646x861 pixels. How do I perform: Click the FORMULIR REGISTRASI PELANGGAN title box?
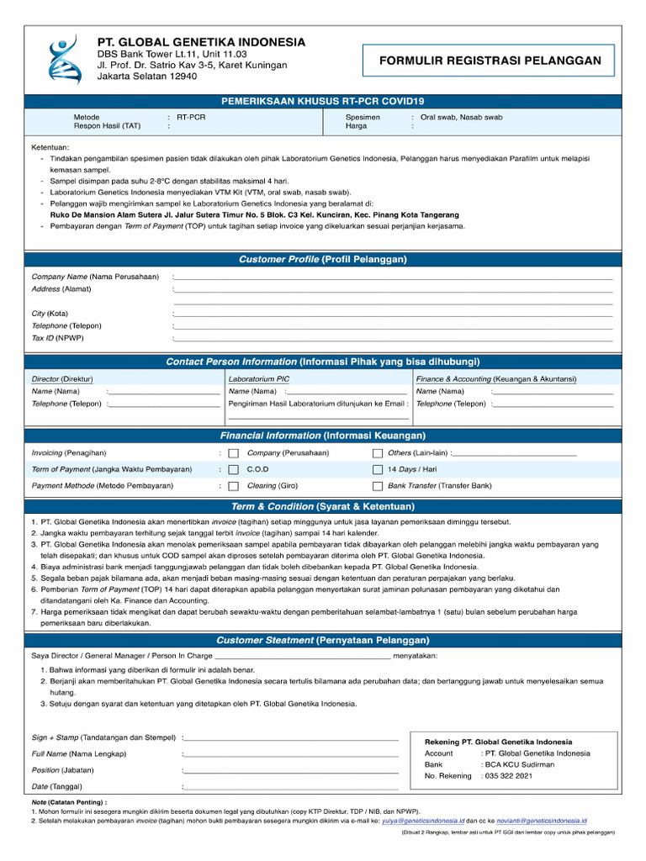click(490, 61)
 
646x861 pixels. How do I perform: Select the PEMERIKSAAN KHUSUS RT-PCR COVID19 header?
click(323, 101)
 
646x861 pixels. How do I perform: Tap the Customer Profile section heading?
click(323, 259)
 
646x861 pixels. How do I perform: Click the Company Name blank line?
click(393, 277)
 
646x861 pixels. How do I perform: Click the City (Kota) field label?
click(50, 314)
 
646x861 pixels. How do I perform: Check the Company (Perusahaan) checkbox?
click(234, 453)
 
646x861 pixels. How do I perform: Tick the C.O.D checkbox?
click(234, 470)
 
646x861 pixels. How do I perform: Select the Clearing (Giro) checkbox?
click(234, 486)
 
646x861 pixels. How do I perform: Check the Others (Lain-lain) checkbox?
click(378, 453)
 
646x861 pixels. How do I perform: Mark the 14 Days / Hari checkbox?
click(378, 470)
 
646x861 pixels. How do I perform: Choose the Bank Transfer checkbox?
click(378, 486)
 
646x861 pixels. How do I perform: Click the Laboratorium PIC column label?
click(259, 378)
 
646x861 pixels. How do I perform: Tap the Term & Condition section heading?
click(323, 506)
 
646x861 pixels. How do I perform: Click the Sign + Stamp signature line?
click(291, 739)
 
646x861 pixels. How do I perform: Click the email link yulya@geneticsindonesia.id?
click(422, 820)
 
